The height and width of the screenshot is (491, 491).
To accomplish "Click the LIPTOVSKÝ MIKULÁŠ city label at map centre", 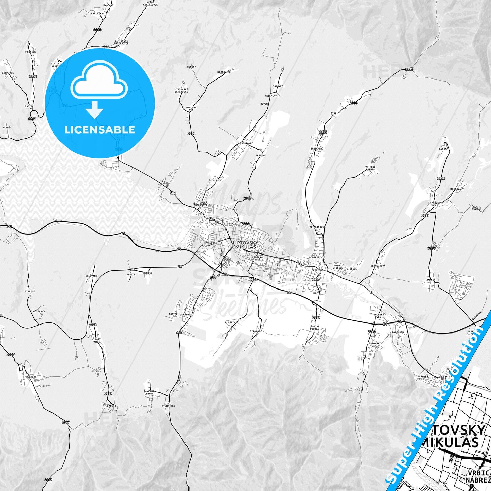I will tap(245, 245).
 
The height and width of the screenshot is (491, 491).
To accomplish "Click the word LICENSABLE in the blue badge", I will tap(100, 130).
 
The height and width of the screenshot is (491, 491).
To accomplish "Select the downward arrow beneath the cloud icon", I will tap(94, 110).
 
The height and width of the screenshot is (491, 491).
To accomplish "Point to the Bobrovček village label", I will tap(224, 72).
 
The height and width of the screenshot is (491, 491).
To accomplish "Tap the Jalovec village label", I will tap(278, 86).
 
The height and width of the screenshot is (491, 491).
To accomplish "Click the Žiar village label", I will tap(333, 113).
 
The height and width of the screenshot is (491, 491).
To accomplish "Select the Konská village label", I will tap(443, 148).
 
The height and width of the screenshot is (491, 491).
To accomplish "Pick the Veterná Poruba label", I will tap(370, 168).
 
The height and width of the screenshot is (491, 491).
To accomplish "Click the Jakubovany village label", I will tap(456, 189).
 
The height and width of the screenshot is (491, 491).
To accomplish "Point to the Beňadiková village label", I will tap(378, 266).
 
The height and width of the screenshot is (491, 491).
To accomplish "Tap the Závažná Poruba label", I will tap(314, 328).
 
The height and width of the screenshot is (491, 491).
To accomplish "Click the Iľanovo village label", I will tap(255, 331).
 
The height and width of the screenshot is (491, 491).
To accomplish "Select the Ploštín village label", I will tap(230, 322).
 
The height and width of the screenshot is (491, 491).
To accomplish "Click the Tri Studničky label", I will tap(168, 405).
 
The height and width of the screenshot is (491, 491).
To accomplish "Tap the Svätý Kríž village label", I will tap(97, 340).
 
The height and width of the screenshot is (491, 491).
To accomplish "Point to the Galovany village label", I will tap(91, 276).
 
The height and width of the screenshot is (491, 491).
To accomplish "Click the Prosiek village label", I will tap(31, 52).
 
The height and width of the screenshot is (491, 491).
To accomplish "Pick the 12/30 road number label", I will tap(476, 208).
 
